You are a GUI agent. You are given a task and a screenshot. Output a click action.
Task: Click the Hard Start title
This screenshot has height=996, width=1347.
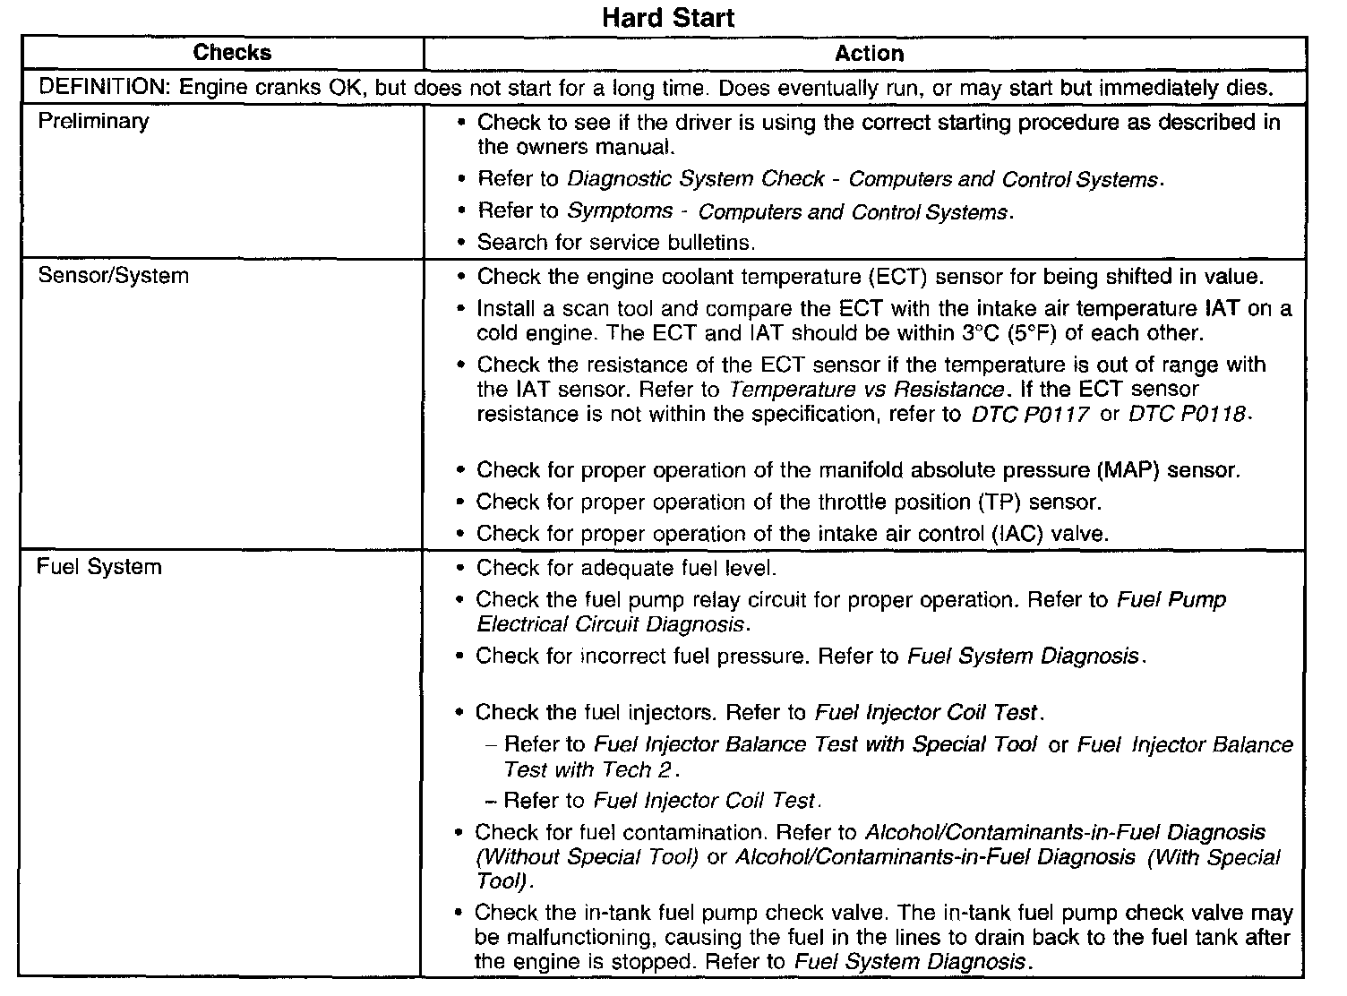point(668,18)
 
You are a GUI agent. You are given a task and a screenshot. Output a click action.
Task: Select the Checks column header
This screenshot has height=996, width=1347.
point(232,53)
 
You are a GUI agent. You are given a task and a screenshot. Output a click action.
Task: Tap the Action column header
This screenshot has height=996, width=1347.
point(868,54)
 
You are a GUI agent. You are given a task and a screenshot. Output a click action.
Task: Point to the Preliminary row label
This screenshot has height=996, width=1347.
point(93,121)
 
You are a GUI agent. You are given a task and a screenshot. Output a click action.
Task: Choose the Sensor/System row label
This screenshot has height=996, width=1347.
point(113,276)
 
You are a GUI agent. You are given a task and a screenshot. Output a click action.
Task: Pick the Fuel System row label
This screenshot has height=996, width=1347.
point(99,568)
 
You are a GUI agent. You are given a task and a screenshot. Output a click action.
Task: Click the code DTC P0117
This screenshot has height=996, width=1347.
point(1030,415)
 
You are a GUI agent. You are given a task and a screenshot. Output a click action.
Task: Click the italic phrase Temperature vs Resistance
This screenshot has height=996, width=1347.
point(866,390)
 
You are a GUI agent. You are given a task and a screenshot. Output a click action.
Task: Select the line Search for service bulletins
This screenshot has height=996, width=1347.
point(616,243)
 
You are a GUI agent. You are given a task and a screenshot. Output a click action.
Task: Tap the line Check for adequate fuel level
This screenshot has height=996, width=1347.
point(626,568)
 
